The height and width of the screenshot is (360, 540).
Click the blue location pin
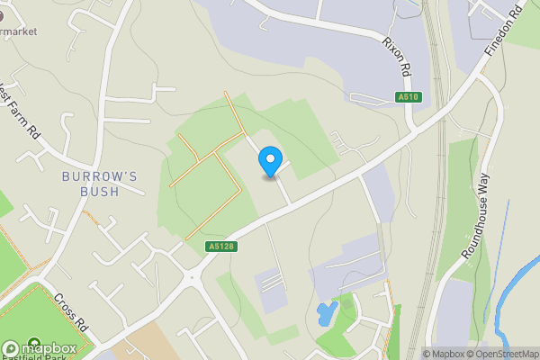coord(268,162)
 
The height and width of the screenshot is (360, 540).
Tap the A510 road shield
coord(408,97)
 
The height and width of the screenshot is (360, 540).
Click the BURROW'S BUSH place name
coord(100,184)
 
